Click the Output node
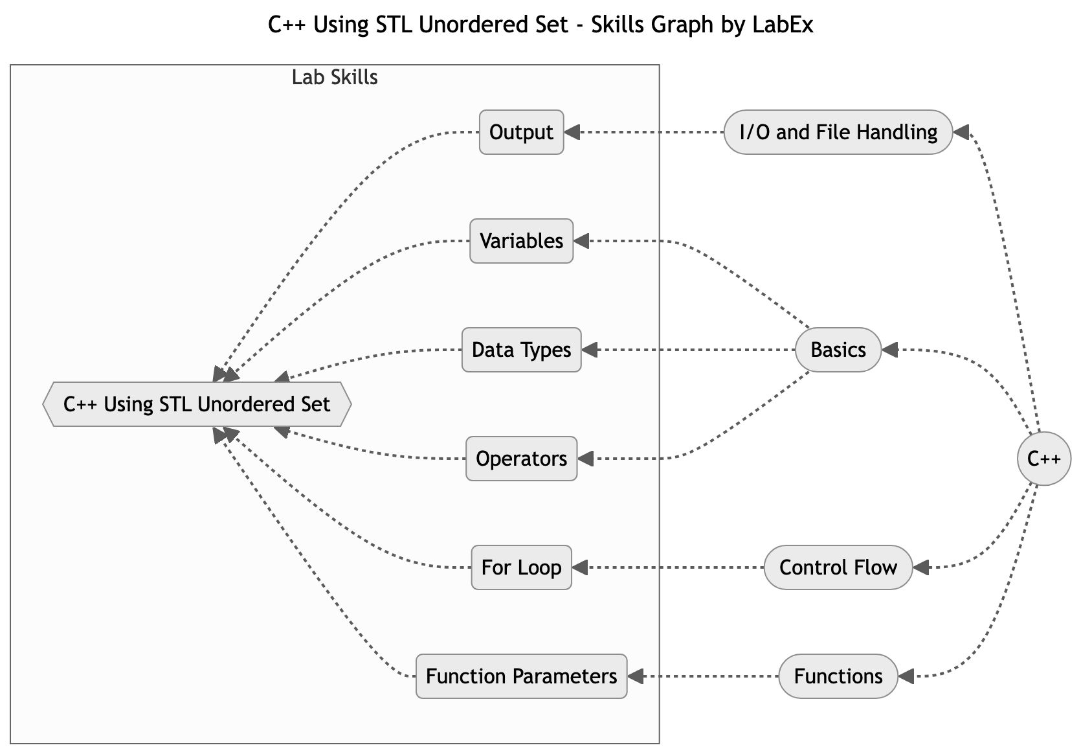point(521,132)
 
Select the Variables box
point(521,241)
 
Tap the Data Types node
point(521,350)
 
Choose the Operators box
point(521,459)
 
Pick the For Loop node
point(521,567)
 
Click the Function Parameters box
point(521,676)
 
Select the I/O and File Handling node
point(838,132)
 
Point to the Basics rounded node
point(838,350)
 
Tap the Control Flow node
point(838,567)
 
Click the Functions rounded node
point(838,676)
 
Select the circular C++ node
point(1043,459)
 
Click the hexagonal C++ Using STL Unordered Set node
point(197,404)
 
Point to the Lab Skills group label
point(335,78)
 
